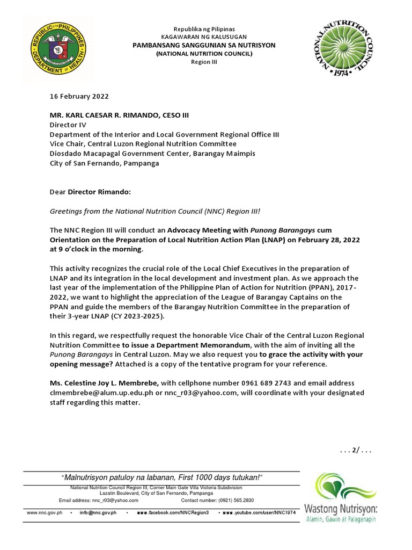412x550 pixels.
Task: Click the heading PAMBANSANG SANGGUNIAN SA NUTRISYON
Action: point(204,46)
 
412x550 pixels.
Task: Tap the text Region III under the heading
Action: point(204,62)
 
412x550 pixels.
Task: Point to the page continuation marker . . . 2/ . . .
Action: point(356,450)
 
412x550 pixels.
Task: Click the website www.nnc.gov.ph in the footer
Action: point(45,513)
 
